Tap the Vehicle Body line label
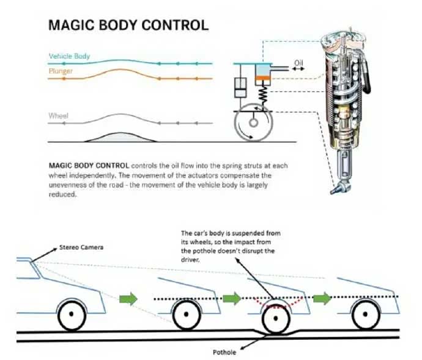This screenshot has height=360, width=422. [69, 56]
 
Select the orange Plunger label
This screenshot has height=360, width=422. [61, 71]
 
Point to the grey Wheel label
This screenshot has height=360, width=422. [58, 116]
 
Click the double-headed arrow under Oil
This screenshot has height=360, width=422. [298, 69]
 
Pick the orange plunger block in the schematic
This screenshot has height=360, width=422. [262, 78]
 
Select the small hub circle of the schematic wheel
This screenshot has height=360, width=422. [253, 123]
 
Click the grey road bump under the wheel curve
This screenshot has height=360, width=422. [120, 138]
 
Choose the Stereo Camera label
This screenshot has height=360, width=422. [81, 248]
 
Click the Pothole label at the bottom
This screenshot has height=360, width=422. [224, 352]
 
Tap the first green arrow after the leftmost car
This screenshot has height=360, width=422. [128, 299]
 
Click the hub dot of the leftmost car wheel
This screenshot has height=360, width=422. [72, 314]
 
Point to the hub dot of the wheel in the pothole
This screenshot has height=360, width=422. [276, 318]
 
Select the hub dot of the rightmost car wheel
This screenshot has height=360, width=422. [365, 314]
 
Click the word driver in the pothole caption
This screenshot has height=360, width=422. [190, 260]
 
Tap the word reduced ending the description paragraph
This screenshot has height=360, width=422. [63, 194]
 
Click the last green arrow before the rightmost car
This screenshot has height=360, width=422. [322, 298]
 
